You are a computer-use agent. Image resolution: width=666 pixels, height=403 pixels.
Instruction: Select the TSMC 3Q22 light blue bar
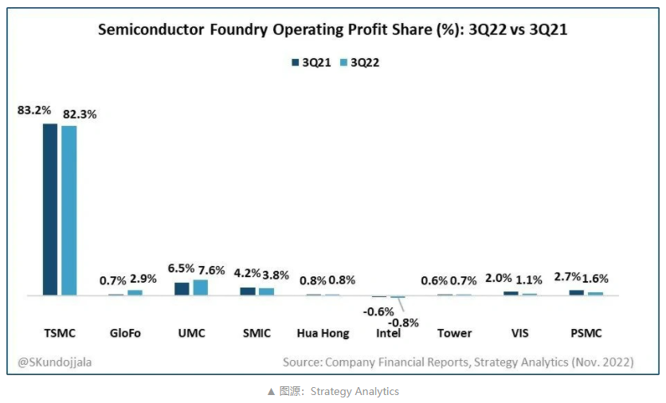tap(69, 210)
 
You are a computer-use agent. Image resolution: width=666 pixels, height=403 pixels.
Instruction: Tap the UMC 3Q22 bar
tap(200, 288)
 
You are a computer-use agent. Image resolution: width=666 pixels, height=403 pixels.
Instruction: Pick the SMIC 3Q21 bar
tap(248, 291)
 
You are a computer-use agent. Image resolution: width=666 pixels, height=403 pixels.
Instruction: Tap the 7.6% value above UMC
tap(207, 269)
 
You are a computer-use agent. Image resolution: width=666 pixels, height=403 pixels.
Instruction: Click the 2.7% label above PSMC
tap(569, 277)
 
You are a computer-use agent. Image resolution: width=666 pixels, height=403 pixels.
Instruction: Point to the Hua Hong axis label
tap(323, 333)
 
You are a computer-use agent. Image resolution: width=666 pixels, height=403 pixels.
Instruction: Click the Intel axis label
tap(390, 333)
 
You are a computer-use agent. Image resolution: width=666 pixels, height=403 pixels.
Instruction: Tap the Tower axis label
tap(454, 333)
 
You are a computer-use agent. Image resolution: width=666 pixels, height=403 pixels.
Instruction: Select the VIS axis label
tap(520, 333)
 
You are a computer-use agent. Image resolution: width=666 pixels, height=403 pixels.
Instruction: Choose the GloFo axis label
tap(125, 333)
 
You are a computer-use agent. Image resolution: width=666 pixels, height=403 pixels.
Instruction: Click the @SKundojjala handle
tap(54, 362)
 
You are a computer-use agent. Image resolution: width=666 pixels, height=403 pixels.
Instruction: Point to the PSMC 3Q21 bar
tap(576, 292)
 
